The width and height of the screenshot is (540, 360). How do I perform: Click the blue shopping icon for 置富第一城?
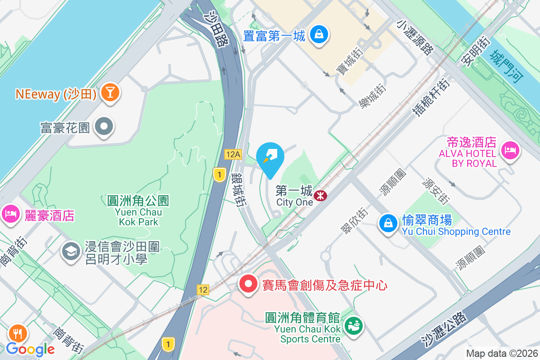pos(319,35)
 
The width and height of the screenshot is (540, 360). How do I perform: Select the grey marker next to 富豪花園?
pos(105,127)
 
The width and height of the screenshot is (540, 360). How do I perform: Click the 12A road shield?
pos(234,155)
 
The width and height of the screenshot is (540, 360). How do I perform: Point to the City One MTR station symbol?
pos(321,196)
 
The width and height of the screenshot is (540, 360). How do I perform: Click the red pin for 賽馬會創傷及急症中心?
pos(247,284)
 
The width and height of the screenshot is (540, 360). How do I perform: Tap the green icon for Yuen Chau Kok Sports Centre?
pos(354,325)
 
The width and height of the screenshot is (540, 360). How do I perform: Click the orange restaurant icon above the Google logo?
pos(18,333)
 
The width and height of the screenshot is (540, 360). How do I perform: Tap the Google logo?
pos(30,349)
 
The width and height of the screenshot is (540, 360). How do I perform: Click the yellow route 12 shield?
pos(203,289)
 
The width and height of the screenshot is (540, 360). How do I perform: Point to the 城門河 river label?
pos(507,67)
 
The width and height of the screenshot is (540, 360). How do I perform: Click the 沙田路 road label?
pos(216,30)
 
